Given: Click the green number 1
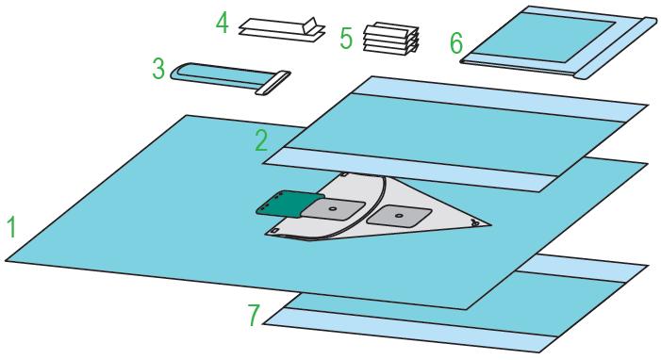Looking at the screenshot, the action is [x=12, y=226].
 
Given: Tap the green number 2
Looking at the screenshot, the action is [x=261, y=140].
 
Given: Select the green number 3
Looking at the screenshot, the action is [x=158, y=69].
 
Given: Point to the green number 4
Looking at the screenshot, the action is [x=223, y=23].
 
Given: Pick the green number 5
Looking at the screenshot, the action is [x=346, y=39].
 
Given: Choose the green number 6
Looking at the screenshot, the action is [x=456, y=43].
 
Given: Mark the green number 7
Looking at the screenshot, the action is [x=254, y=316].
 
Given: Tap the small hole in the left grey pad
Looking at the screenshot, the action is [x=333, y=208].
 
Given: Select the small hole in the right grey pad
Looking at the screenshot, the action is [x=398, y=216].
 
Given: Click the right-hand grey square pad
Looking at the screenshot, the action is [x=399, y=215].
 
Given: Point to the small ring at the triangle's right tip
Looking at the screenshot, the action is [x=475, y=223].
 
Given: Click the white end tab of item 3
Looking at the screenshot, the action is [x=273, y=83].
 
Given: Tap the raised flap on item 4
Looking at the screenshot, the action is [x=312, y=25].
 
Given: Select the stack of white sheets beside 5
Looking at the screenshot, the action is [x=391, y=39].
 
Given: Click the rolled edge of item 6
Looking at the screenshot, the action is [x=617, y=48].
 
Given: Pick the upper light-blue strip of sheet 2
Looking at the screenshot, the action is [x=502, y=100].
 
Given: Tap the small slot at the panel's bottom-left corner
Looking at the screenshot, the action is [x=273, y=231].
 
